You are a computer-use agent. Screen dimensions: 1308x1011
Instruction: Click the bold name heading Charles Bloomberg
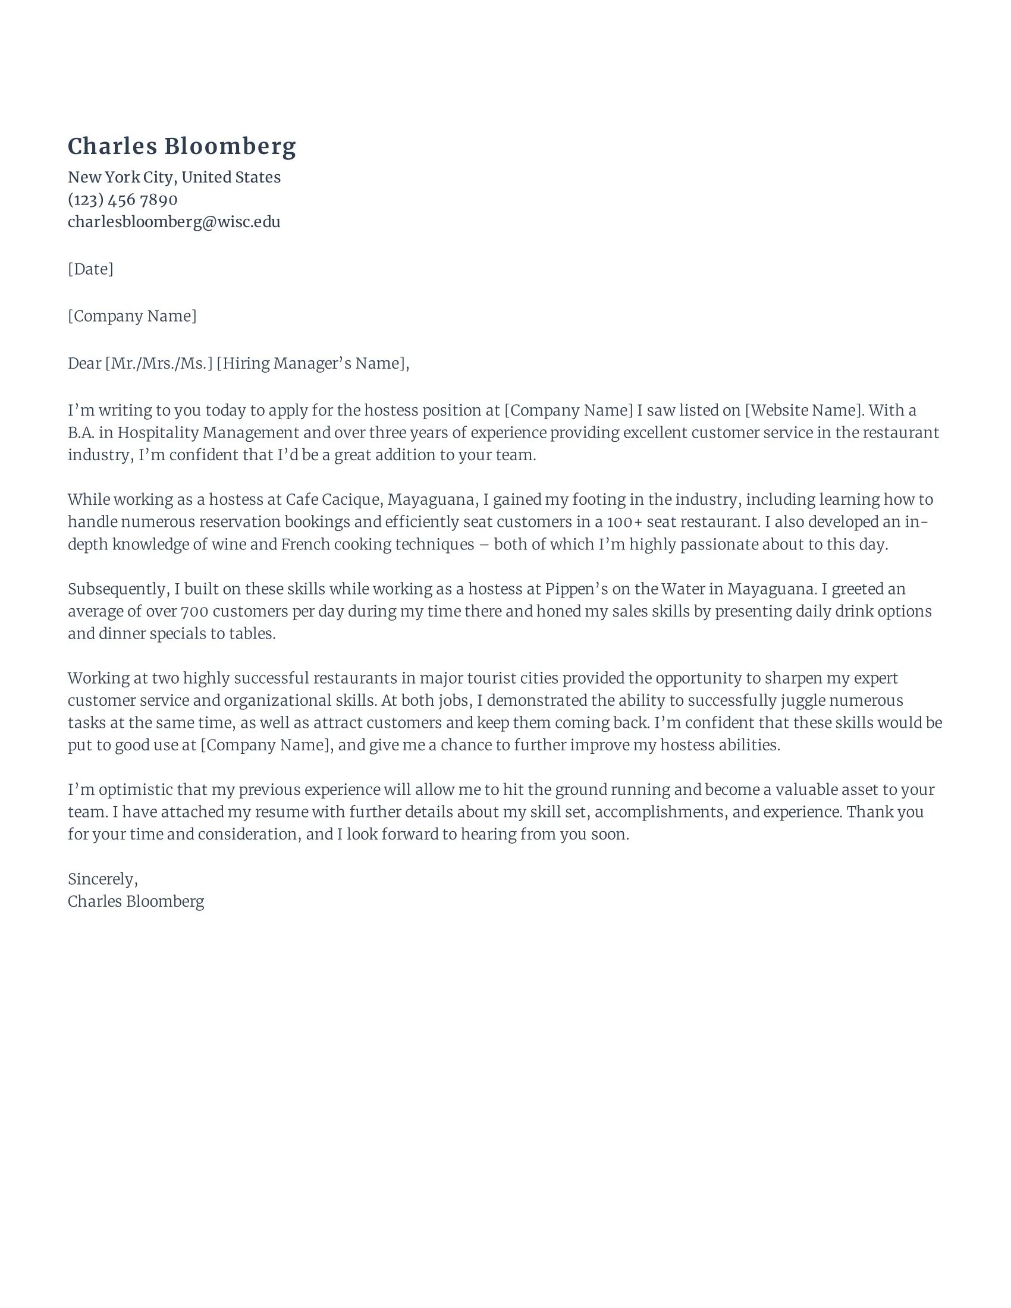[181, 147]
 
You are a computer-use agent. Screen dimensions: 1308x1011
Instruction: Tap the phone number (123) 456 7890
[122, 199]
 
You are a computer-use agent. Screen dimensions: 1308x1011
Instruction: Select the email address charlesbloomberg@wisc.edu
[174, 222]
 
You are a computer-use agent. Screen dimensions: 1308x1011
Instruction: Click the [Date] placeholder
[90, 269]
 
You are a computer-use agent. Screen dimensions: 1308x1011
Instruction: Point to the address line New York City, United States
[174, 177]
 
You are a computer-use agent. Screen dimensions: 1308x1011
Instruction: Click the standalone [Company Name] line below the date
[132, 316]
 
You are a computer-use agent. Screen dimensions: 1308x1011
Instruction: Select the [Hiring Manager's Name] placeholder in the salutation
[312, 363]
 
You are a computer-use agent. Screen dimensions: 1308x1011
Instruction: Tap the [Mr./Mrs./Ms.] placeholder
[159, 363]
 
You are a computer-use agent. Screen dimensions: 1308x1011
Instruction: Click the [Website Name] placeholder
[804, 410]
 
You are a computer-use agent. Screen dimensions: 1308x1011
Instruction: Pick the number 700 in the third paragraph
[194, 611]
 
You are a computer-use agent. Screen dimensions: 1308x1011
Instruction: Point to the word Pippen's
[576, 589]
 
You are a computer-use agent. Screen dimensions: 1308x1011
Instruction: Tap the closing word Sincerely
[102, 879]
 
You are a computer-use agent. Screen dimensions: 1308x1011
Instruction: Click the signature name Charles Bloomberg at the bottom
[136, 901]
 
